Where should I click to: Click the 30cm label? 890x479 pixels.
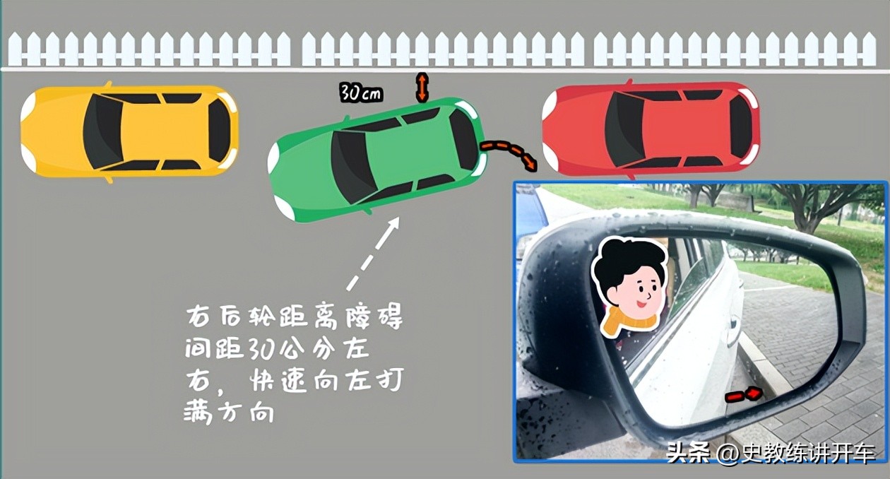(x=361, y=93)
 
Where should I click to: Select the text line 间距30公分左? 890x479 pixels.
(x=276, y=350)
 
